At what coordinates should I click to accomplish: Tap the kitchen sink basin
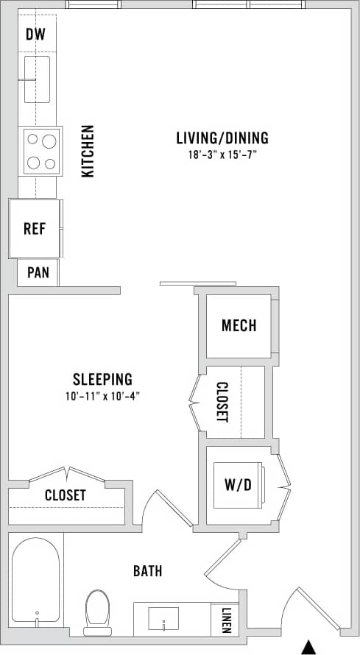pyautogui.click(x=37, y=79)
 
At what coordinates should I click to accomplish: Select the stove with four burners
pyautogui.click(x=41, y=151)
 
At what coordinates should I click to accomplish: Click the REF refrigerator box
pyautogui.click(x=35, y=228)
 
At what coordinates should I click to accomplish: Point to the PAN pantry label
pyautogui.click(x=38, y=272)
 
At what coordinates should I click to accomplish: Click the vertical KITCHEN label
pyautogui.click(x=88, y=151)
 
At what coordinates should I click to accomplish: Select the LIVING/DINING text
pyautogui.click(x=222, y=138)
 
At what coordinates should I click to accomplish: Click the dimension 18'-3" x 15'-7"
pyautogui.click(x=222, y=155)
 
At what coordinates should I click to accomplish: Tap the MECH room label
pyautogui.click(x=239, y=325)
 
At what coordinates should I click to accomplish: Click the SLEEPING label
pyautogui.click(x=102, y=380)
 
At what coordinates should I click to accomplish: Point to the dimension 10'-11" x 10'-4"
pyautogui.click(x=102, y=397)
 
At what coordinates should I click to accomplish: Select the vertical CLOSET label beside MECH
pyautogui.click(x=222, y=402)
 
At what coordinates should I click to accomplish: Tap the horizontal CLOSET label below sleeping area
pyautogui.click(x=65, y=495)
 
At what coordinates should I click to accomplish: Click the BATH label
pyautogui.click(x=147, y=570)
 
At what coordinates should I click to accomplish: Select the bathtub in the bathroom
pyautogui.click(x=36, y=581)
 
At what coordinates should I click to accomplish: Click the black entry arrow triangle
pyautogui.click(x=310, y=647)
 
